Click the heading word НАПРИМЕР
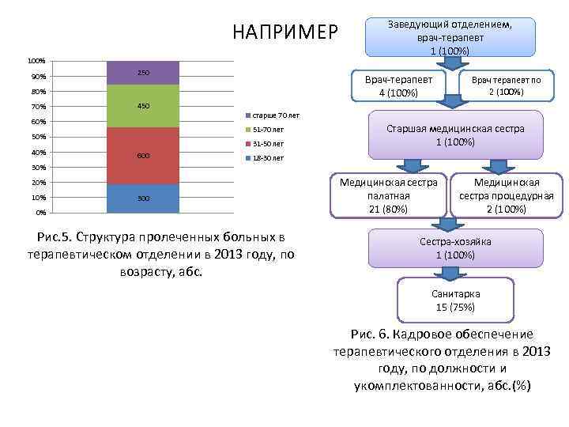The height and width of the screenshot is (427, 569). point(285,32)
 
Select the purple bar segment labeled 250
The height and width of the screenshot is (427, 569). point(143,73)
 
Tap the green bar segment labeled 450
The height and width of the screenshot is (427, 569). point(143,106)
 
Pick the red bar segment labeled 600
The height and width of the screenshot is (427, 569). point(143,156)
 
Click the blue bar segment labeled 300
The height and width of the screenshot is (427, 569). point(143,198)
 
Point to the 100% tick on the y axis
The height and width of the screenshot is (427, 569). point(36,61)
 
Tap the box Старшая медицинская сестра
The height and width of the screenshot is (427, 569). point(455,135)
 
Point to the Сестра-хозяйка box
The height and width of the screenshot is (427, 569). point(455,248)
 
